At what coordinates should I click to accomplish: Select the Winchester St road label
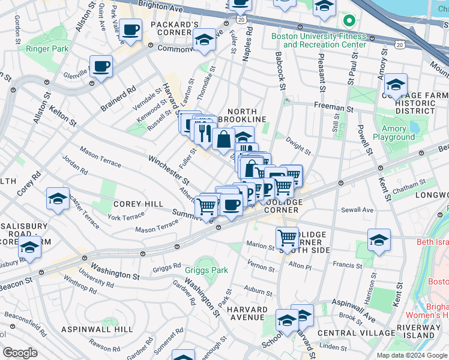coord(169,169)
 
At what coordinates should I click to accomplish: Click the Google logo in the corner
coord(20,353)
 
